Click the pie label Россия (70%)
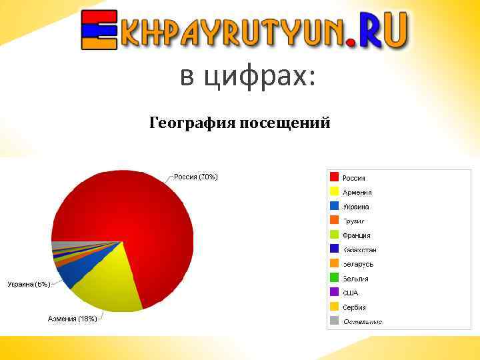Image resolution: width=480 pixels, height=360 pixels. pos(195,177)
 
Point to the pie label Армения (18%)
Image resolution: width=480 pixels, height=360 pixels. pos(72,319)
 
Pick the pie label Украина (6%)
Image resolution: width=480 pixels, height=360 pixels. pos(29,284)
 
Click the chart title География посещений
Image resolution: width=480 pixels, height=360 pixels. pos(240,123)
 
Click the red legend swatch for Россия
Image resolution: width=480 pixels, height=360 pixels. pos(334,177)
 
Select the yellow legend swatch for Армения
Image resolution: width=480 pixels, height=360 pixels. pos(334,192)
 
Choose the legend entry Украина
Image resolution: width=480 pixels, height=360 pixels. pos(355,207)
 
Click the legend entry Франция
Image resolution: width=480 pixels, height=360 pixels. pos(356,235)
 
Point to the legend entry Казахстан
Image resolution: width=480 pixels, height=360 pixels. pos(359,250)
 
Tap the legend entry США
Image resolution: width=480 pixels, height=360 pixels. pos(350,293)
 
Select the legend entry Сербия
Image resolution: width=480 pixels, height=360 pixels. pos(354,307)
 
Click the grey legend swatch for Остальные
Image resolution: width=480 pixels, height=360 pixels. pos(334,321)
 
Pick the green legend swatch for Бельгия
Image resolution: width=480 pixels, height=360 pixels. pos(334,278)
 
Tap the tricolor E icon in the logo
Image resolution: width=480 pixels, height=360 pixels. pos(97,31)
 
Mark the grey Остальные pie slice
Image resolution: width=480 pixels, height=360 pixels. pos(60,245)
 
